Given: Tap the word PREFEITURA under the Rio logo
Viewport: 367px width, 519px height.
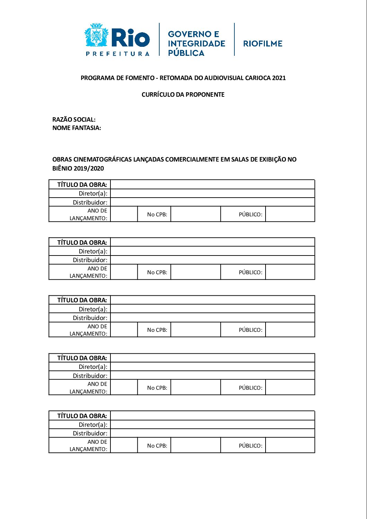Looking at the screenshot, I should (x=118, y=54).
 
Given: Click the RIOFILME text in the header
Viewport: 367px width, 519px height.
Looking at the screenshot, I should (x=263, y=44).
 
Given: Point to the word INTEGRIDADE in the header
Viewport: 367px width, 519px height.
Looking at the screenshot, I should (x=196, y=44).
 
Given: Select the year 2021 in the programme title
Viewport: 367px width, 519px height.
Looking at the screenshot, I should (x=279, y=78).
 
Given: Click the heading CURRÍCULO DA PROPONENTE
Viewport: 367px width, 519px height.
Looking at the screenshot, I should (x=183, y=95).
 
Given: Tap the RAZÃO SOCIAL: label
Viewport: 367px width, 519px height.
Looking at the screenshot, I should (x=74, y=120).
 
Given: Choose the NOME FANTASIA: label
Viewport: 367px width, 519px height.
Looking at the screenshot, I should (x=77, y=128).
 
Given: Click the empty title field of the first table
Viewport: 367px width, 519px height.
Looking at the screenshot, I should (x=212, y=184).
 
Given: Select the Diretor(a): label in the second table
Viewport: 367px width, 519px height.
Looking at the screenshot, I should (x=93, y=251).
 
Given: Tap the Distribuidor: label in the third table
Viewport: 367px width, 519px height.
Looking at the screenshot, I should (x=90, y=318).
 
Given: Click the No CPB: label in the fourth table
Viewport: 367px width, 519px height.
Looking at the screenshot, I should (x=157, y=388).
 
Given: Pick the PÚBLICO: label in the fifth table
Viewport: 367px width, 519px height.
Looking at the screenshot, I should (x=250, y=446).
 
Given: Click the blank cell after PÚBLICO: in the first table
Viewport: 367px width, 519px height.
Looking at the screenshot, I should (x=290, y=214).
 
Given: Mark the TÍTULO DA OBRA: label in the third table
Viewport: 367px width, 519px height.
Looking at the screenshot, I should (x=82, y=300).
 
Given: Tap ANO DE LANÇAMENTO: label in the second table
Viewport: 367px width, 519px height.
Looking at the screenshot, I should (x=89, y=272).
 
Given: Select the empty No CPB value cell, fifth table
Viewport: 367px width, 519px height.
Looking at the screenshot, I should (x=195, y=446).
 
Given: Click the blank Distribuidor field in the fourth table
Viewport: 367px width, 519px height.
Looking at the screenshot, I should (x=212, y=375).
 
